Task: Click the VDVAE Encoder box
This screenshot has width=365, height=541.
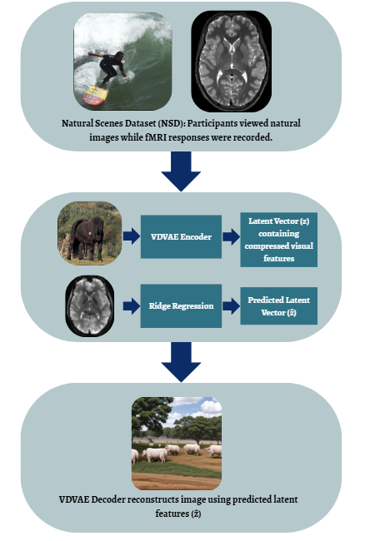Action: [x=181, y=236]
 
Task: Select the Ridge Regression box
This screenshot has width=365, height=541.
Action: [x=181, y=306]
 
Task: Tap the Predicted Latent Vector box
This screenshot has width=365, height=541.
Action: [x=278, y=306]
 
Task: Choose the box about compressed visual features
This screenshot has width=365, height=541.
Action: [x=278, y=240]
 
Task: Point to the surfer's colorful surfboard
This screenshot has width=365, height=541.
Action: [x=95, y=95]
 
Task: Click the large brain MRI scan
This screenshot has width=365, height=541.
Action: [x=232, y=62]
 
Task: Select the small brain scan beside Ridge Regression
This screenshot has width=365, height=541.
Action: [x=90, y=306]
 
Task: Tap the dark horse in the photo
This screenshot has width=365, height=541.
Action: [x=87, y=237]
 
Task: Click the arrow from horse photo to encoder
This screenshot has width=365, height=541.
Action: [x=131, y=236]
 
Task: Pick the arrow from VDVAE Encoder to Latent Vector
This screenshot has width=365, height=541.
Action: [x=231, y=236]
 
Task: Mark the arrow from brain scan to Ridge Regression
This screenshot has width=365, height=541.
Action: [x=131, y=306]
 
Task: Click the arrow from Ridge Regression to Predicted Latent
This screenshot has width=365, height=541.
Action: [x=231, y=306]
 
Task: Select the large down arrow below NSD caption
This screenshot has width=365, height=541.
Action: [x=181, y=171]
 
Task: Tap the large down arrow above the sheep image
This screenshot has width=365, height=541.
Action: [x=181, y=362]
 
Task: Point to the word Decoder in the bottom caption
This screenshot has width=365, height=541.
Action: [x=108, y=499]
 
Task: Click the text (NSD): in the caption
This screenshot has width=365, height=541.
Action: [x=172, y=123]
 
